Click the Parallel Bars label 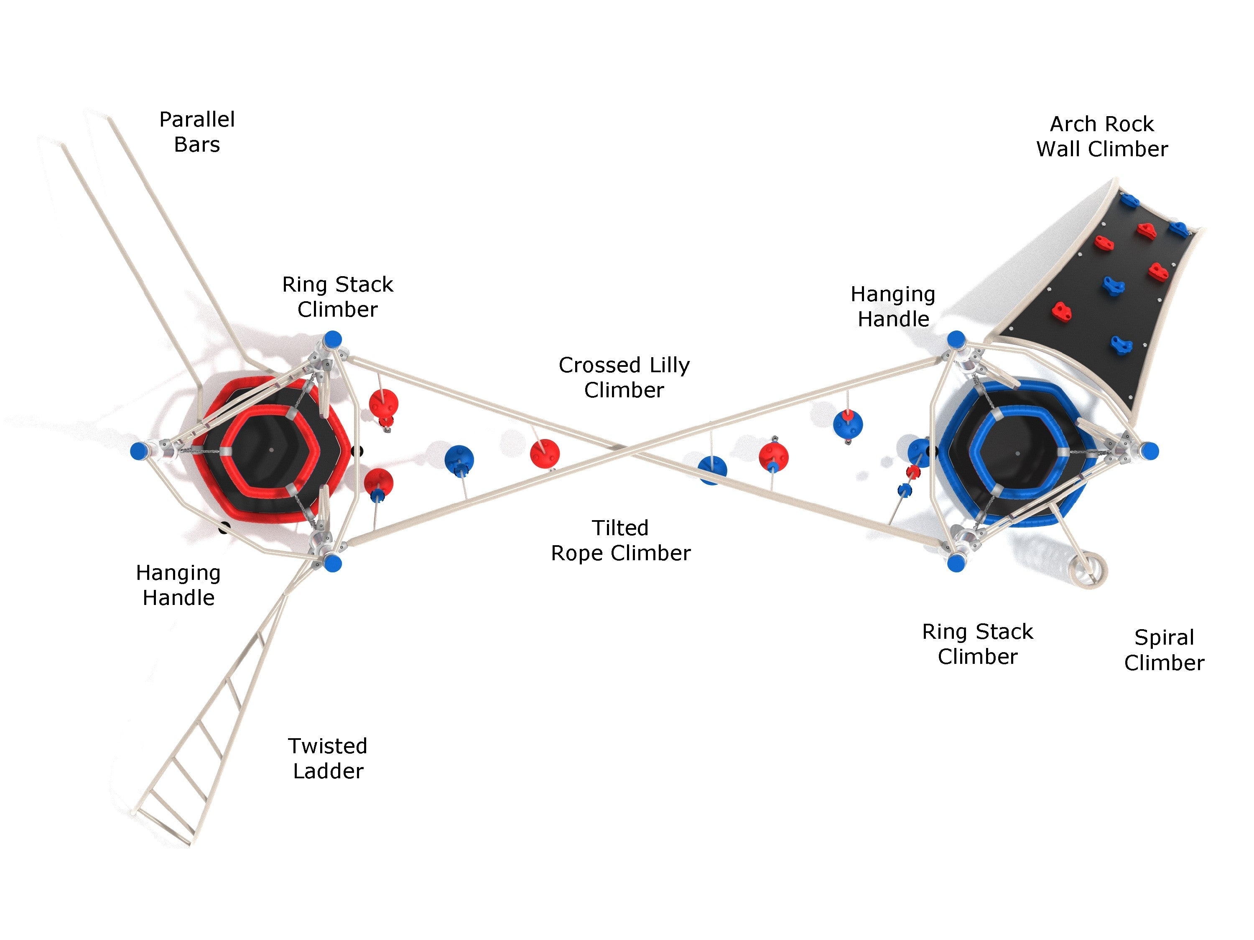click(197, 132)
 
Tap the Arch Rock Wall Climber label click(1101, 137)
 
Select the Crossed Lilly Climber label click(624, 377)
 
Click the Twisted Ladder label click(328, 758)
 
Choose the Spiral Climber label click(1164, 650)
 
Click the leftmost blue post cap click(139, 451)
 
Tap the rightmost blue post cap click(1149, 451)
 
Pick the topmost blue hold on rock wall click(1129, 200)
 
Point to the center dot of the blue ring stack click(1017, 453)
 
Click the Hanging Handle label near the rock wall click(893, 307)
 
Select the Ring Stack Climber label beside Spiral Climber click(977, 644)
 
